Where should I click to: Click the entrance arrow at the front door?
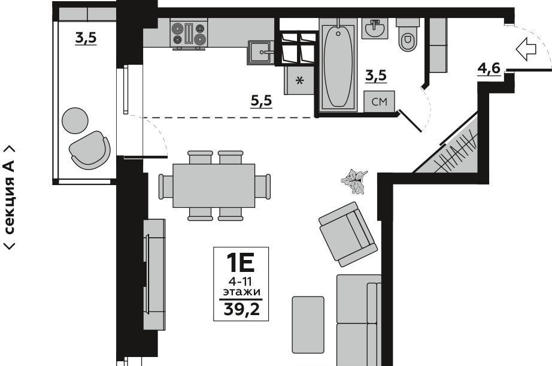(526, 49)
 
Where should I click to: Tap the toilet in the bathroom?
(408, 35)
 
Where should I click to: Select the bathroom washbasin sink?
(375, 28)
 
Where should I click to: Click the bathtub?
(338, 65)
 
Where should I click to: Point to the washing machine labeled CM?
(379, 101)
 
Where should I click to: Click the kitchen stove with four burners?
(189, 34)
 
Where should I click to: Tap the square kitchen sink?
(260, 53)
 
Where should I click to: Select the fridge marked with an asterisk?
(299, 80)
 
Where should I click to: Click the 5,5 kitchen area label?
(261, 101)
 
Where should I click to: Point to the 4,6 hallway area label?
(489, 68)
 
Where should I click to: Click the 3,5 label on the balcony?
(86, 38)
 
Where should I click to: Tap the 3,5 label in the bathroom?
(375, 75)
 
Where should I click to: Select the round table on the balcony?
(75, 120)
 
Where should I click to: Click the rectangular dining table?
(214, 185)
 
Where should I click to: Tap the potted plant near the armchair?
(354, 181)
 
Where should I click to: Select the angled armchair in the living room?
(348, 234)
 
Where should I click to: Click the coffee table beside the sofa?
(308, 325)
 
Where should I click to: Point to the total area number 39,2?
(242, 310)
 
